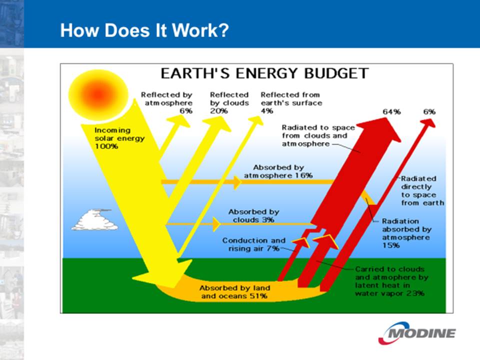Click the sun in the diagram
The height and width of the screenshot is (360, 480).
(98, 95)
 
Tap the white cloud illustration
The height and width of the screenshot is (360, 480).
(94, 219)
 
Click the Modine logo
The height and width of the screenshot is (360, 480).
(417, 333)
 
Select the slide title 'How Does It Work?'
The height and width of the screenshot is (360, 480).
(144, 30)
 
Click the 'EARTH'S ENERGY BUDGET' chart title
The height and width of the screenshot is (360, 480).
(264, 73)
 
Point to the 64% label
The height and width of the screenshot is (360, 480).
(391, 111)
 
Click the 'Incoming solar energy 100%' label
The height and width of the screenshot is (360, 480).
(119, 138)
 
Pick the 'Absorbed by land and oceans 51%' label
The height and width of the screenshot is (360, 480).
(234, 292)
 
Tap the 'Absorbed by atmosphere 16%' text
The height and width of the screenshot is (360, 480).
(278, 171)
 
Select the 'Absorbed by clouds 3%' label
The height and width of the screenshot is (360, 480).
(253, 216)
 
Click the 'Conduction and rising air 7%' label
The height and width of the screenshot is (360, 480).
(254, 244)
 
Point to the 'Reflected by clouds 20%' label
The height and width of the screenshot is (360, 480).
(229, 103)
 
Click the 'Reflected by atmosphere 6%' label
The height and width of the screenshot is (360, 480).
(166, 103)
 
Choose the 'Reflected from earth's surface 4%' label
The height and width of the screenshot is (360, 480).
(291, 103)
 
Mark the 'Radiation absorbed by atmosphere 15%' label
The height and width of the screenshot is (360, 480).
(406, 233)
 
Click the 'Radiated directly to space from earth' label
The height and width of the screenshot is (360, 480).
(422, 190)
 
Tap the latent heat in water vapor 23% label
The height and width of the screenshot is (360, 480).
(391, 281)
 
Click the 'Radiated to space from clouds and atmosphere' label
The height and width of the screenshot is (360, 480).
(318, 135)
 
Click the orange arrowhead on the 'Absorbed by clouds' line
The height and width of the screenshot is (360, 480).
(216, 224)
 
